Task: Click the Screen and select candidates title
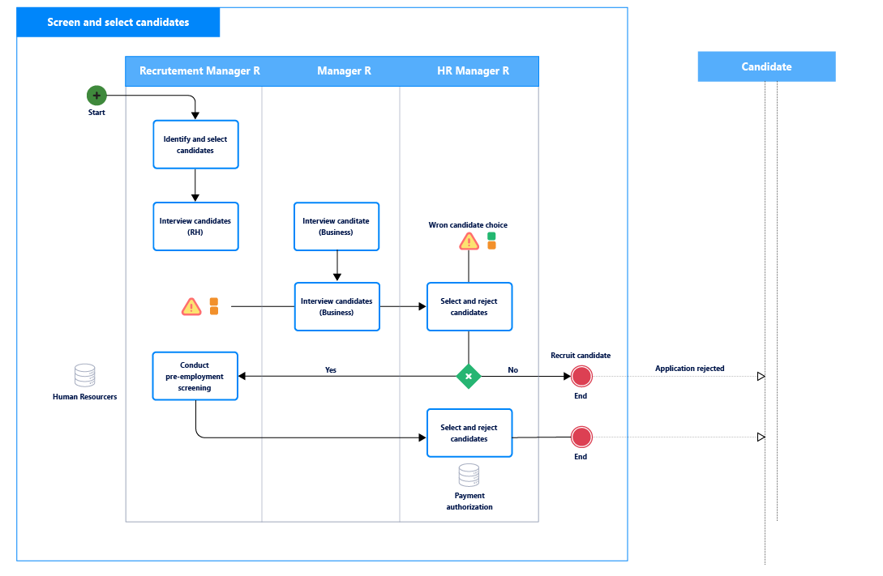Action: pyautogui.click(x=118, y=23)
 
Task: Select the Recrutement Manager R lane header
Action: pyautogui.click(x=199, y=71)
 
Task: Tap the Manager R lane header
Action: pyautogui.click(x=344, y=71)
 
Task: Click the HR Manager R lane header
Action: pyautogui.click(x=473, y=71)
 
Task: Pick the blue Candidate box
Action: pyautogui.click(x=766, y=66)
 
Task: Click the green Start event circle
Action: pyautogui.click(x=96, y=96)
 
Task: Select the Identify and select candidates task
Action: pyautogui.click(x=195, y=145)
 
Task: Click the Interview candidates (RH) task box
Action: pyautogui.click(x=195, y=227)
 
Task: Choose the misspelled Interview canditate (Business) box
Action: pyautogui.click(x=336, y=227)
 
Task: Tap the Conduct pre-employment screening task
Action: pyautogui.click(x=195, y=376)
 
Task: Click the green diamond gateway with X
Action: pyautogui.click(x=469, y=377)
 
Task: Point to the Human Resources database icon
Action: pyautogui.click(x=85, y=375)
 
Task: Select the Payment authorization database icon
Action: pyautogui.click(x=469, y=475)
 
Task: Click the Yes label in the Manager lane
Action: pyautogui.click(x=331, y=370)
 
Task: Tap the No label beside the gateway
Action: pyautogui.click(x=512, y=370)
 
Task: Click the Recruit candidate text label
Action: pyautogui.click(x=580, y=356)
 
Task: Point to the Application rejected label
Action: pyautogui.click(x=689, y=369)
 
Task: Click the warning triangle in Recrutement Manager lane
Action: pyautogui.click(x=191, y=307)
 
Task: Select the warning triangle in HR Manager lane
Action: pyautogui.click(x=469, y=241)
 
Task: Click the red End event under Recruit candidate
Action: pyautogui.click(x=581, y=377)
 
